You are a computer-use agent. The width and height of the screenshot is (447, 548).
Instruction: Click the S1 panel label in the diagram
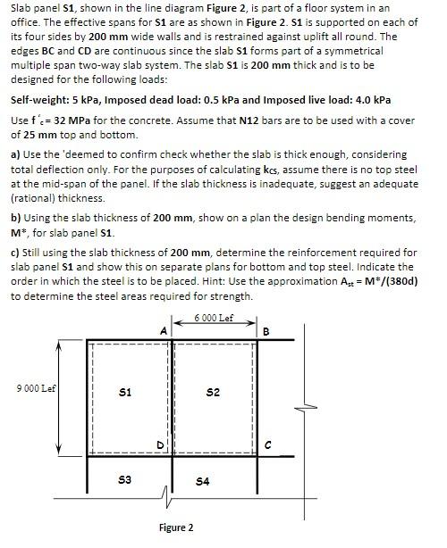pos(126,392)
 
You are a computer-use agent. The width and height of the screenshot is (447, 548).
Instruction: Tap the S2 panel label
pos(212,392)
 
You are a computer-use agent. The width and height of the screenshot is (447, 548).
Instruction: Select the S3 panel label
pos(126,480)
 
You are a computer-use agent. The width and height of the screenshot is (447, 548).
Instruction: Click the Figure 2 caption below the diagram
pos(176,527)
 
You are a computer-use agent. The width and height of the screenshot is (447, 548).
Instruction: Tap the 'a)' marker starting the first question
pos(15,154)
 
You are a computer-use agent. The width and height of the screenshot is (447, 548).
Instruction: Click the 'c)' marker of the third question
pos(15,253)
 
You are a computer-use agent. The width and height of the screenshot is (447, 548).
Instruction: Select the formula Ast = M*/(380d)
pos(373,281)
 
